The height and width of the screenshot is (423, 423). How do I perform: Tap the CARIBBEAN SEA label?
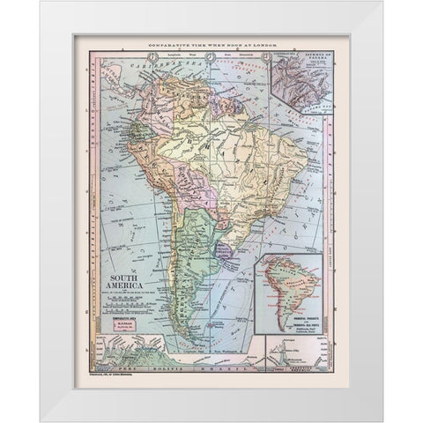132,66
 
